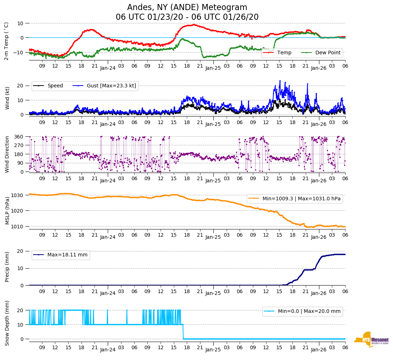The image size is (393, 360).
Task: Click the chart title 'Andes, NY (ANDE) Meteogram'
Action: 187,8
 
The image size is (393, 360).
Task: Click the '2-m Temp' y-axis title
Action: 6,41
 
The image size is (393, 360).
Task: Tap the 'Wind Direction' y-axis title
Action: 7,154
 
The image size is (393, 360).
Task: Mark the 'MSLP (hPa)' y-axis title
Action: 7,210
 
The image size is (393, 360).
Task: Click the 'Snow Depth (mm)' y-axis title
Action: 7,323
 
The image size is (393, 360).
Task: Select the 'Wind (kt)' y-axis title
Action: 7,97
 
